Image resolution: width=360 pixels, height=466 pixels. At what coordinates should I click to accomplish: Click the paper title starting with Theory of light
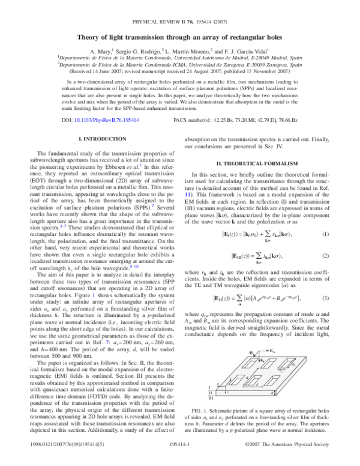180,37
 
